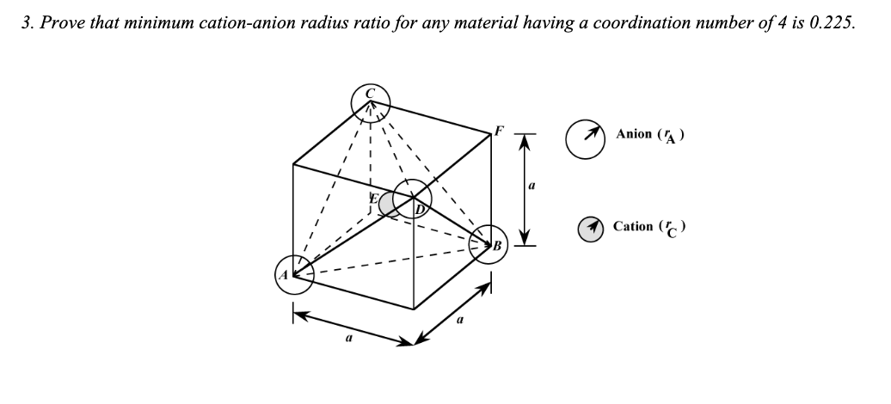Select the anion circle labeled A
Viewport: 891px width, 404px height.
[x=292, y=272]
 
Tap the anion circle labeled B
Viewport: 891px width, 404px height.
[x=491, y=244]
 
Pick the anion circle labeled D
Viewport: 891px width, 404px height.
[x=415, y=199]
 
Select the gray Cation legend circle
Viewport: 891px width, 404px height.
[x=589, y=230]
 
